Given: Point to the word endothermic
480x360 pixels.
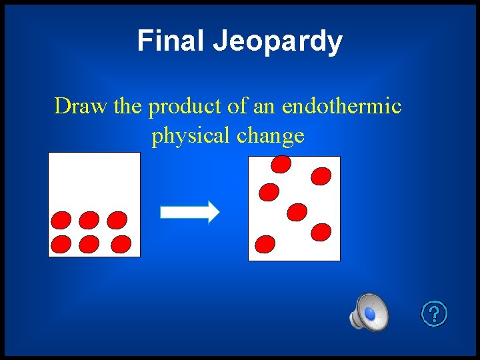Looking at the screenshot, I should coord(341,106).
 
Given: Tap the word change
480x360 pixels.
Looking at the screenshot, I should coord(271,136).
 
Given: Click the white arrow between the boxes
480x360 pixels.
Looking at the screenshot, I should coord(190,211).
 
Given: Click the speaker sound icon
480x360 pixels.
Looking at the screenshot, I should coord(369,312).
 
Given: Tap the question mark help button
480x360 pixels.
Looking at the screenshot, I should coord(434,313).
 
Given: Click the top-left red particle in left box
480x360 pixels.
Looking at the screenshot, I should coord(61,220).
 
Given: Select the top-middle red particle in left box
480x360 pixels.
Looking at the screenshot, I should coord(89,220).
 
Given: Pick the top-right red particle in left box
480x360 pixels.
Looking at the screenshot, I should coord(117,220).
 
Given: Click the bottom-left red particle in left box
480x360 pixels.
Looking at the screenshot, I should coord(61,245).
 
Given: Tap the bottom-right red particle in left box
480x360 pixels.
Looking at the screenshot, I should coord(121,244).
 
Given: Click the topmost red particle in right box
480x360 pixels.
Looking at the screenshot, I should coord(281,163).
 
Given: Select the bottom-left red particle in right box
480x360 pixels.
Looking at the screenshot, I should coord(265,244).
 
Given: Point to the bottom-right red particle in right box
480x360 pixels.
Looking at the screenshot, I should coord(321,231).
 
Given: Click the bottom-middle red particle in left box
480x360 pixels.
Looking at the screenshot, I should coord(89,245).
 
